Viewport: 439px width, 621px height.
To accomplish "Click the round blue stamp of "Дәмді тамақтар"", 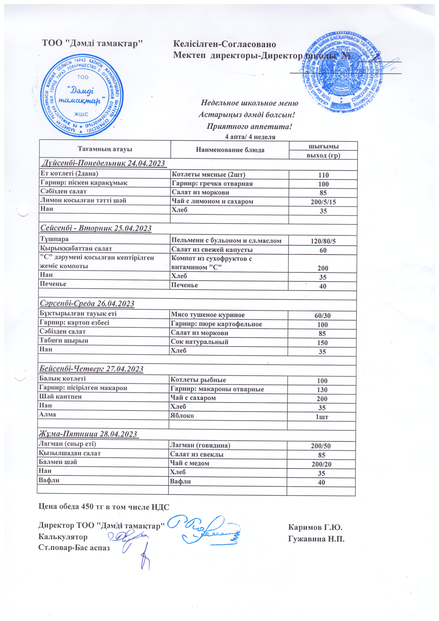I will click(x=82, y=95).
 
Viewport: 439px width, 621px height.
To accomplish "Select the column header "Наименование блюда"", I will click(x=230, y=150).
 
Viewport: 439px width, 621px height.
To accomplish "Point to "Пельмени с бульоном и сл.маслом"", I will click(x=226, y=240).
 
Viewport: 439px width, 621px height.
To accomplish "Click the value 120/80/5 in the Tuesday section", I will click(x=323, y=241).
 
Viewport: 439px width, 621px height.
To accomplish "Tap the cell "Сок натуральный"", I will click(x=199, y=342).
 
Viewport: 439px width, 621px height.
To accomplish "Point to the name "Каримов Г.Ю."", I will click(x=315, y=527).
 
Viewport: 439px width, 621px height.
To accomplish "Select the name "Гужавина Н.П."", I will click(x=316, y=539).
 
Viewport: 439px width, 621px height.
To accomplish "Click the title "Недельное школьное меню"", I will click(x=249, y=103).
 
